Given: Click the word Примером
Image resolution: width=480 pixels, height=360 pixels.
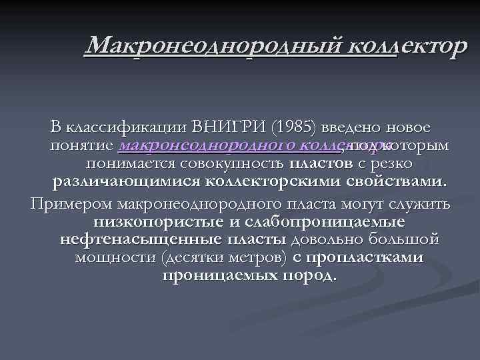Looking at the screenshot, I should [69, 203].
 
